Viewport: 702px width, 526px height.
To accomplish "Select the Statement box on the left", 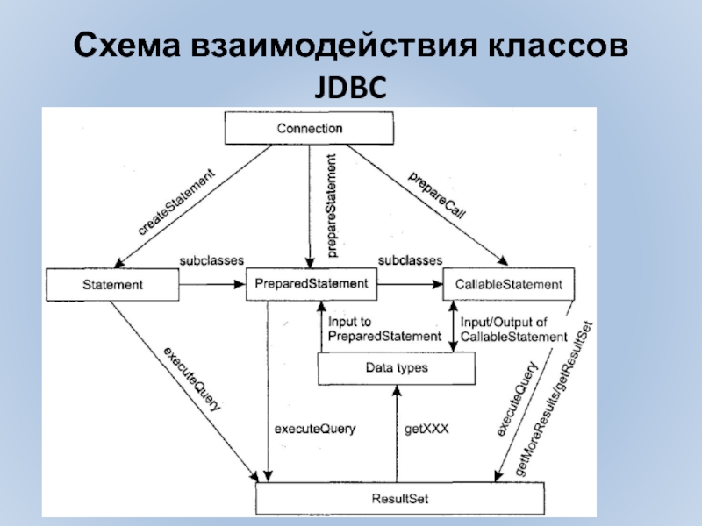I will [112, 284].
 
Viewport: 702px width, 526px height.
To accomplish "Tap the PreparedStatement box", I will [311, 283].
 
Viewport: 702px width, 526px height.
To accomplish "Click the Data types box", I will [396, 368].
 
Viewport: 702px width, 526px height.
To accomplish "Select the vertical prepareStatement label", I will [331, 205].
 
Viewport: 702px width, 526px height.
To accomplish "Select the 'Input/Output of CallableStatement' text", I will [514, 329].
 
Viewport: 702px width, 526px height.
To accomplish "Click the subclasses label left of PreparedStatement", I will [211, 260].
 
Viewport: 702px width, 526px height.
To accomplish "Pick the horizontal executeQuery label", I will [315, 430].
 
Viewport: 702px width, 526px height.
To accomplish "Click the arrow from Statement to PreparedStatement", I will [211, 284].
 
